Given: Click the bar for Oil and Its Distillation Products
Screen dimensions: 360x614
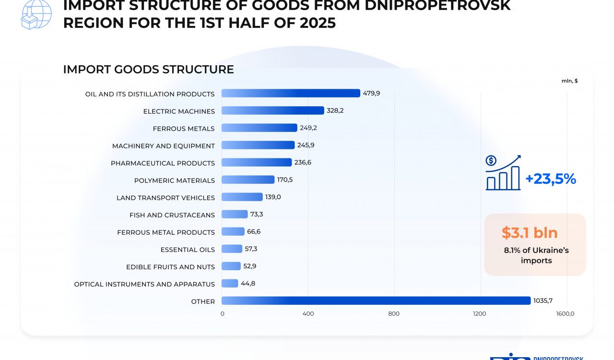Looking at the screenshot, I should pos(291,93).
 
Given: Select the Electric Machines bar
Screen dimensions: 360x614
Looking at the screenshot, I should pos(272,110).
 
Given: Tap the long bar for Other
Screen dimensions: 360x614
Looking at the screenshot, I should pos(376,300).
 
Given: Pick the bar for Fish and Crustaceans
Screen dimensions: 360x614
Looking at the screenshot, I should pos(235,214).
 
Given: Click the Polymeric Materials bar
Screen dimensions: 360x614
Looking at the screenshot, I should pos(248,180).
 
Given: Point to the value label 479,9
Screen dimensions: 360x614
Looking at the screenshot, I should pos(371,93).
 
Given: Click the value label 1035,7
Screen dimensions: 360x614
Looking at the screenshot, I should pos(543,301).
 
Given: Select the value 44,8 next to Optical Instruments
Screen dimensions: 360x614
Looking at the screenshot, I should pos(248,283).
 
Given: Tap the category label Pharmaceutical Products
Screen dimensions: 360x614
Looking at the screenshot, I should pos(163,163).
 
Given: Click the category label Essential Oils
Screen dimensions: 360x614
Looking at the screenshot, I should pos(188,250).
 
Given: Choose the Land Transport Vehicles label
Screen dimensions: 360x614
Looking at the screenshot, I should pos(165,198).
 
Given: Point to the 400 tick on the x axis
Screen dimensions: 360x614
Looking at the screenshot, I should pos(308,314).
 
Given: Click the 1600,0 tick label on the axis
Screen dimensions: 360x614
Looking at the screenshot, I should pos(565,314).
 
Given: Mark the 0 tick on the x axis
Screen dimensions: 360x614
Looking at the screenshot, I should pos(222,314).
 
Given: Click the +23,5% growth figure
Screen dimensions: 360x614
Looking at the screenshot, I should pos(551,179).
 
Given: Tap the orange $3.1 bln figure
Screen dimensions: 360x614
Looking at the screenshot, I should pos(530,233).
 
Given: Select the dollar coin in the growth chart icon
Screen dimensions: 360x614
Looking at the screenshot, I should pos(491,161).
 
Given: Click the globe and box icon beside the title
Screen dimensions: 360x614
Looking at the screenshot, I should pos(35,14).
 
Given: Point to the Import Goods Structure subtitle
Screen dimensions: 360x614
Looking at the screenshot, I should pos(148,70).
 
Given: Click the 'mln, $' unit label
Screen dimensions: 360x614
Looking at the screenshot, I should pos(569,81).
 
